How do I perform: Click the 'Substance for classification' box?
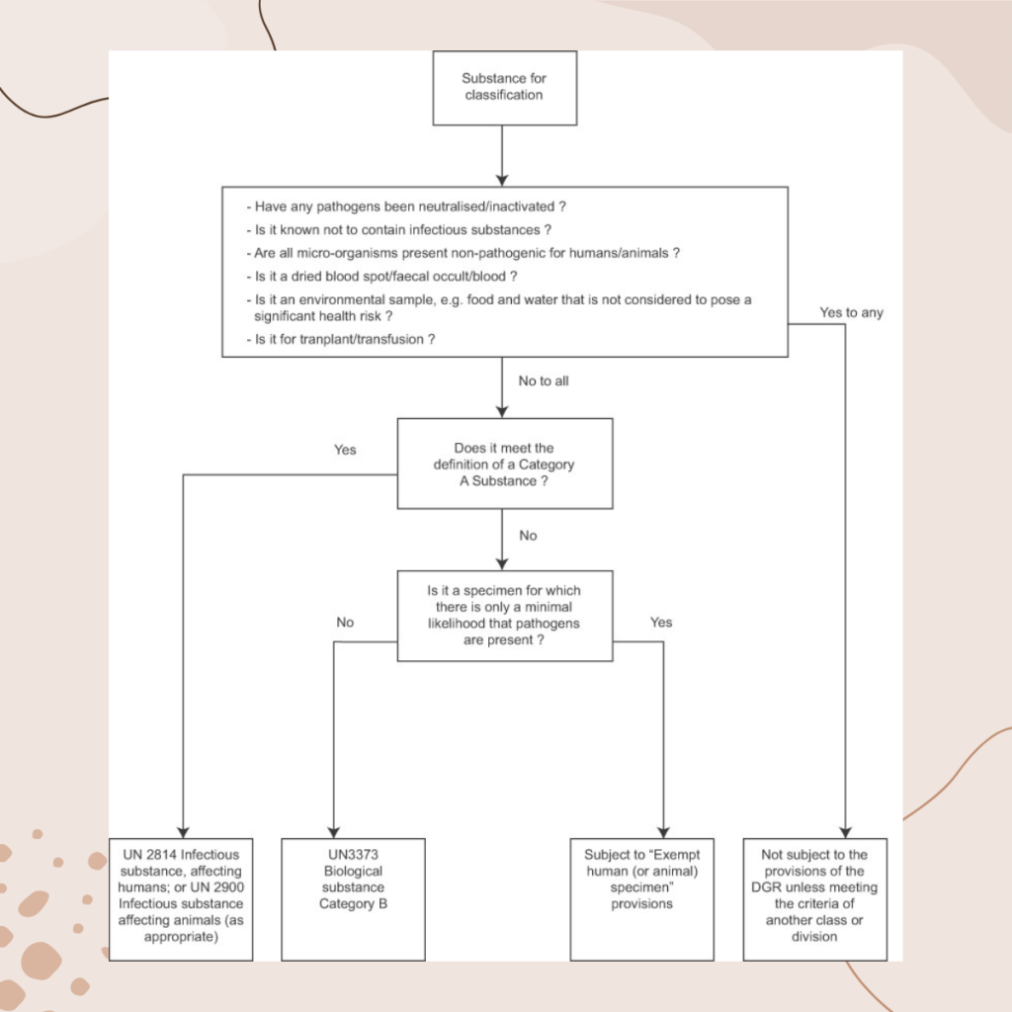pyautogui.click(x=505, y=88)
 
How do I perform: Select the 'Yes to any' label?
pyautogui.click(x=851, y=312)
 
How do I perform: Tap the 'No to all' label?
pyautogui.click(x=544, y=380)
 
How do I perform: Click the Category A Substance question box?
pyautogui.click(x=505, y=464)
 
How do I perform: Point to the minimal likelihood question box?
pyautogui.click(x=505, y=616)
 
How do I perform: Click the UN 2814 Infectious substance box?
pyautogui.click(x=181, y=899)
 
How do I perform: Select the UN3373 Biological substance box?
pyautogui.click(x=353, y=899)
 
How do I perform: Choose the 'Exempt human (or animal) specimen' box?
pyautogui.click(x=642, y=899)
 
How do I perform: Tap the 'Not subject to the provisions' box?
pyautogui.click(x=815, y=899)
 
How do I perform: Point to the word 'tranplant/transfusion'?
pyautogui.click(x=352, y=340)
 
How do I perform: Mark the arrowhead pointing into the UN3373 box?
pyautogui.click(x=334, y=832)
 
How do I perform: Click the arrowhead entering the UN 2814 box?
pyautogui.click(x=183, y=832)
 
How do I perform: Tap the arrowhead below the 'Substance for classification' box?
pyautogui.click(x=502, y=180)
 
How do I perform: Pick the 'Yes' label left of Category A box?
pyautogui.click(x=345, y=450)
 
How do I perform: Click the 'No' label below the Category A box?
pyautogui.click(x=528, y=536)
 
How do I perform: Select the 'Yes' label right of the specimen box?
pyautogui.click(x=661, y=623)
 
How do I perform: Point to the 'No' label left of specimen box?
pyautogui.click(x=345, y=623)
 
